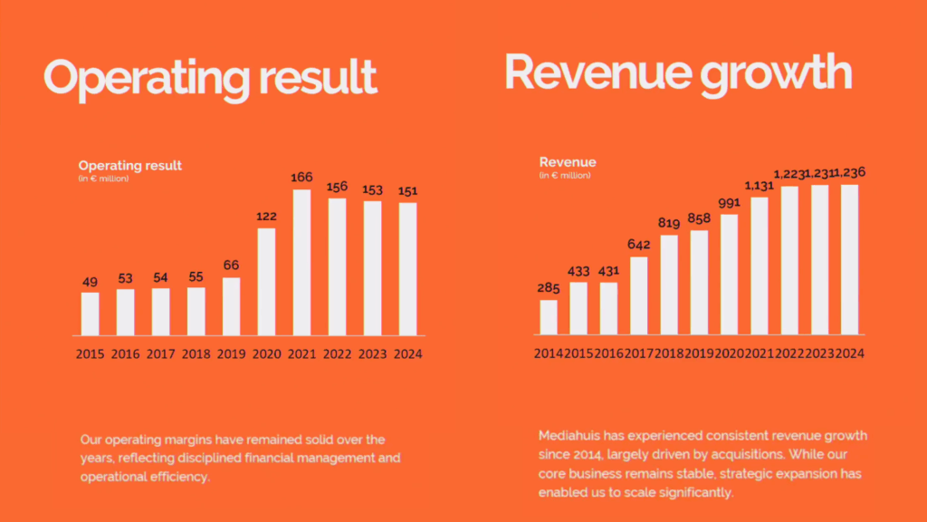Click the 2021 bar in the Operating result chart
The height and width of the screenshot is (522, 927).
pyautogui.click(x=301, y=263)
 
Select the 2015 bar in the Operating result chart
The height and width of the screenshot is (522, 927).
pyautogui.click(x=91, y=314)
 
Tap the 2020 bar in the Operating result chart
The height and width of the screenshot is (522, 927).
pyautogui.click(x=266, y=282)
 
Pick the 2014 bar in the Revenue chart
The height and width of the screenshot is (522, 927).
pyautogui.click(x=549, y=317)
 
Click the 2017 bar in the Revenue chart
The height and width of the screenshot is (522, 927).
pyautogui.click(x=638, y=295)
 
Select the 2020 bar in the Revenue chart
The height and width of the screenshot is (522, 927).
pyautogui.click(x=729, y=275)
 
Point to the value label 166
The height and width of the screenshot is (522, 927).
pyautogui.click(x=301, y=177)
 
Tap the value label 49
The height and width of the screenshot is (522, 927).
pyautogui.click(x=91, y=282)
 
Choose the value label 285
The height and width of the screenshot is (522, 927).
pyautogui.click(x=549, y=288)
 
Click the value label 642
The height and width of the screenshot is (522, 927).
pyautogui.click(x=638, y=245)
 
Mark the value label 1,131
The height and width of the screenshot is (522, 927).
pyautogui.click(x=760, y=186)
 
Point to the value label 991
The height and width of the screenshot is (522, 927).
pyautogui.click(x=729, y=203)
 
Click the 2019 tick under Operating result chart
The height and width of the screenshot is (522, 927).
pyautogui.click(x=231, y=354)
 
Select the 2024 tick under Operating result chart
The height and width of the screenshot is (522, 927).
pyautogui.click(x=407, y=354)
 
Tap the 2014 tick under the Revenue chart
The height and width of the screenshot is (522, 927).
pyautogui.click(x=549, y=353)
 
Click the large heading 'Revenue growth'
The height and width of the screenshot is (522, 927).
pyautogui.click(x=677, y=72)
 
